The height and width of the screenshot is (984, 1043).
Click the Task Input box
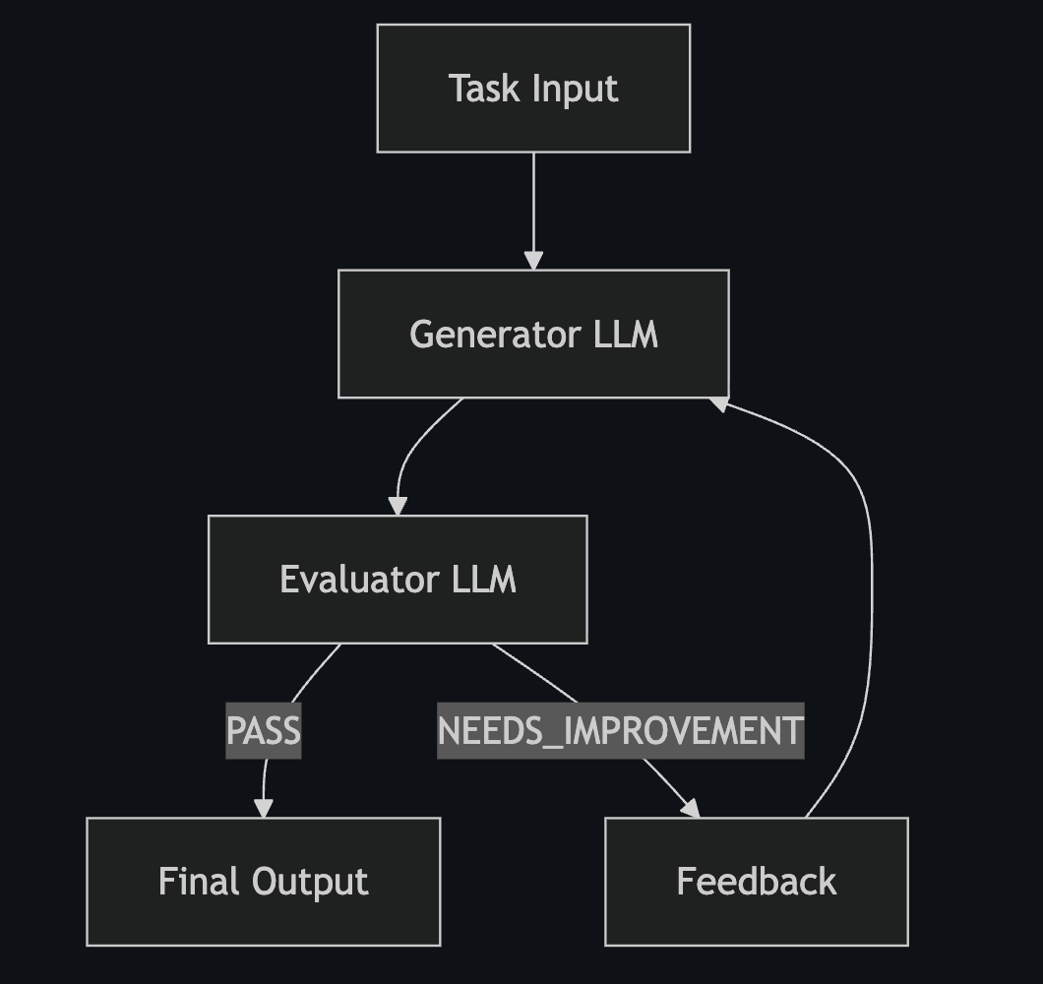click(x=533, y=89)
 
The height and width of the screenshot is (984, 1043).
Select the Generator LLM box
click(x=533, y=334)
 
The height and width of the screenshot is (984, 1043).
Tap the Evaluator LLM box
click(x=398, y=579)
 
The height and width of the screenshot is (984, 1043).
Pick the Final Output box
click(x=263, y=881)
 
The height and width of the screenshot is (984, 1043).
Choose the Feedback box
click(x=756, y=881)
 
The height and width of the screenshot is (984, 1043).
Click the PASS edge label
click(x=264, y=731)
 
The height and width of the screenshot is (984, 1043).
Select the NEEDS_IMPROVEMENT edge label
click(x=620, y=731)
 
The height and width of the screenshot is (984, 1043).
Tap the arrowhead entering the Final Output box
click(x=264, y=808)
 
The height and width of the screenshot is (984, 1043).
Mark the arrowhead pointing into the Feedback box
click(x=691, y=808)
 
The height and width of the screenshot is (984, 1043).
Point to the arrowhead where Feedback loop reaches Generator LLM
click(x=720, y=403)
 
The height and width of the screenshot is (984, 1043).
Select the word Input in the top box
click(x=576, y=89)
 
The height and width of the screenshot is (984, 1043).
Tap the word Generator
click(x=495, y=335)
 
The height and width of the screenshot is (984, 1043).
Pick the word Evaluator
click(x=358, y=579)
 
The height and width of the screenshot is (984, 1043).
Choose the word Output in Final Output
click(x=310, y=881)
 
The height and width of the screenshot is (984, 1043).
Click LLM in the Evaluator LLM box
click(x=483, y=579)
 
